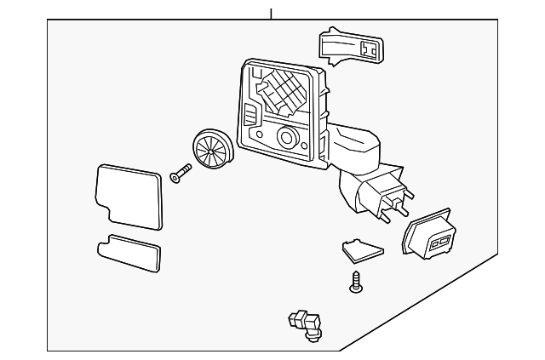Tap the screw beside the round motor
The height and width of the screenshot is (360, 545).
click(x=180, y=174)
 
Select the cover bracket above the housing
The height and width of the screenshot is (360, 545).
click(x=351, y=48)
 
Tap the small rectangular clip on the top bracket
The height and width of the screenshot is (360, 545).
click(x=370, y=49)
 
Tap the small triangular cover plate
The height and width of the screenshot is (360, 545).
click(x=362, y=249)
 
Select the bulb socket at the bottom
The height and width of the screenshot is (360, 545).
click(x=306, y=323)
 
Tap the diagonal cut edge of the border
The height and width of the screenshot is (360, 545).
click(x=426, y=302)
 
